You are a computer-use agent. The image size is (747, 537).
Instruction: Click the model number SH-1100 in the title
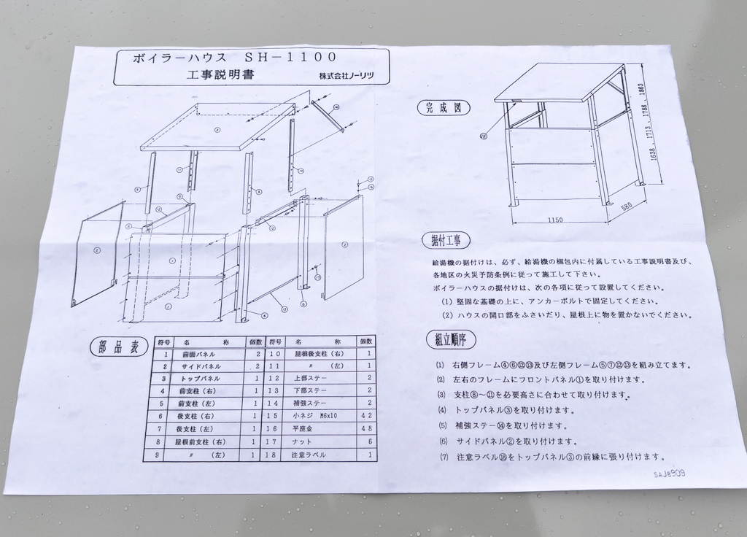tap(290, 57)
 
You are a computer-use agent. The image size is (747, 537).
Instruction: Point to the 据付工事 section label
tap(446, 240)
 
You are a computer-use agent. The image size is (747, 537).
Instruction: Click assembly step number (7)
tap(440, 457)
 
